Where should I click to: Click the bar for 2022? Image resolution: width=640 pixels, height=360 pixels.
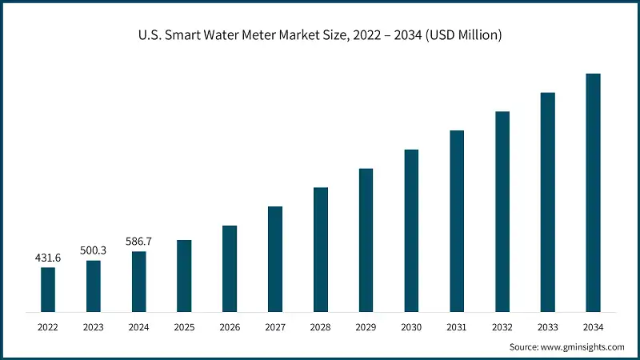tap(48, 290)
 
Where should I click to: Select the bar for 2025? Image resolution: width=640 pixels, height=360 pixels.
tap(184, 276)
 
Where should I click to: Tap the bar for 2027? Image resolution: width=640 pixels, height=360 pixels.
tap(275, 259)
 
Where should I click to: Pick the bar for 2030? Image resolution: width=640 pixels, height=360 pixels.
tap(411, 230)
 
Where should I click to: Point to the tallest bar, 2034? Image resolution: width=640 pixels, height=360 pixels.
tap(593, 193)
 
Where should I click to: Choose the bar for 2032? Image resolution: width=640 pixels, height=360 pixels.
tap(502, 211)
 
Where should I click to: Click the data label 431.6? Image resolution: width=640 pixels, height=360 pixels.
tap(48, 258)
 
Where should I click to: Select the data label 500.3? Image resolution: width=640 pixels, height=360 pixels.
tap(94, 250)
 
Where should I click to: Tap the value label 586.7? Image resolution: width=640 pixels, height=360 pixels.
tap(139, 241)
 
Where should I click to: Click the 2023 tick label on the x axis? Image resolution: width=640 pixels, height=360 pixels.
tap(94, 326)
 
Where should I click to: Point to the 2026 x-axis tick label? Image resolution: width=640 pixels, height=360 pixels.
tap(230, 326)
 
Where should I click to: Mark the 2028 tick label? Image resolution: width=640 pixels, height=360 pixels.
tap(321, 326)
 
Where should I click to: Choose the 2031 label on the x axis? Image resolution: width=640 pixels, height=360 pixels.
tap(457, 326)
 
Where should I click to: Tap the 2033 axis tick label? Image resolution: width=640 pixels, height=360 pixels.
tap(548, 326)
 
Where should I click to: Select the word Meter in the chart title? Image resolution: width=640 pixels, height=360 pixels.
tap(260, 35)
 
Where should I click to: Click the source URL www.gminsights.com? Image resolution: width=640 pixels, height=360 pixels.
tap(582, 347)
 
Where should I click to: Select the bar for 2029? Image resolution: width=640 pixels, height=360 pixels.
tap(366, 240)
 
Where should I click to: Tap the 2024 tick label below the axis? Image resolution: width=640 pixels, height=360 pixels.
tap(139, 326)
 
